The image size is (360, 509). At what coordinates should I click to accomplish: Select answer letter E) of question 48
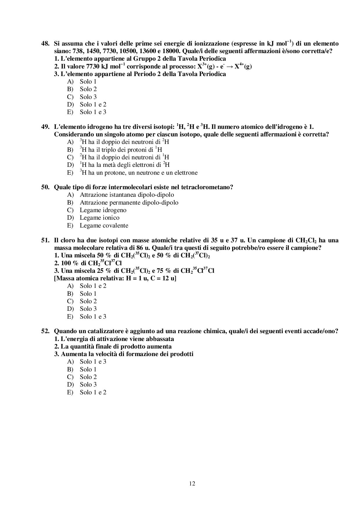pos(70,112)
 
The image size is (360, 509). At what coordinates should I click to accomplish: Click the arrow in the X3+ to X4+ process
pos(229,66)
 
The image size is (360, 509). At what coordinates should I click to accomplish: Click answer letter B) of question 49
pos(70,150)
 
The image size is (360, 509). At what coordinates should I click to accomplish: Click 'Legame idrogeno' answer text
pos(103,210)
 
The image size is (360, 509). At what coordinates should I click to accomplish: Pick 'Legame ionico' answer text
pos(100,218)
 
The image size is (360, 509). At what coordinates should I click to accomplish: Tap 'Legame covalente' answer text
pos(104,225)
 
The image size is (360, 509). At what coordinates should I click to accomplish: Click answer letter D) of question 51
pos(70,309)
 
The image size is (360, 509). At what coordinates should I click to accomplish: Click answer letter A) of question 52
pos(70,362)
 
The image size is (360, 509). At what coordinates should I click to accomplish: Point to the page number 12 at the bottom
pos(192,483)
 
